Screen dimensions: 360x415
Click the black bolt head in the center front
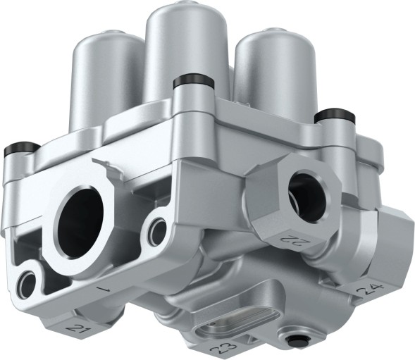click(x=187, y=82)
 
